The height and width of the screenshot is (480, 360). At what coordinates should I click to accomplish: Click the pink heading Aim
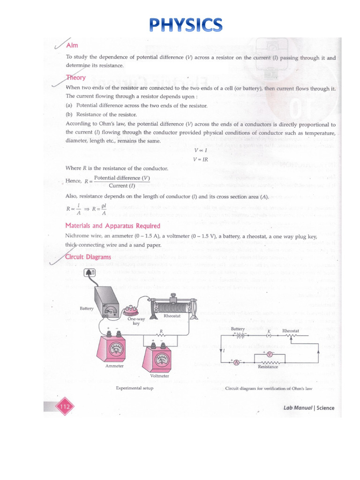click(x=72, y=45)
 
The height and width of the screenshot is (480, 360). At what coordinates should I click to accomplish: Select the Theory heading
click(x=76, y=77)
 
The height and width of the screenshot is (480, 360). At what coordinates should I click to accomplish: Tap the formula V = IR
click(x=200, y=159)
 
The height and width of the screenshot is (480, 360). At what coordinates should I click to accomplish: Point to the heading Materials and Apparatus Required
click(x=112, y=226)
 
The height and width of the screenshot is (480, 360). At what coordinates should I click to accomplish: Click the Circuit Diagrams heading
click(x=88, y=257)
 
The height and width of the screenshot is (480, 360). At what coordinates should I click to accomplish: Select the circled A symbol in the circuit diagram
click(x=236, y=362)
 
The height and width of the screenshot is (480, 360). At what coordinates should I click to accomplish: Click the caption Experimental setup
click(x=135, y=388)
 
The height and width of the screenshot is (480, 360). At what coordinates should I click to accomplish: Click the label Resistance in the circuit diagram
click(x=268, y=367)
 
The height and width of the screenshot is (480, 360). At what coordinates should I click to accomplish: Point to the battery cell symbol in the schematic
click(x=240, y=335)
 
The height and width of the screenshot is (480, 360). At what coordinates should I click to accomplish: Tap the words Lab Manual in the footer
click(x=298, y=408)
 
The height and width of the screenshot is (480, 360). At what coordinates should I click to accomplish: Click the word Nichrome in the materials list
click(x=78, y=237)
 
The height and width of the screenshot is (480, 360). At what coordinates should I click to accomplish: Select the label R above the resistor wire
click(x=161, y=331)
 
